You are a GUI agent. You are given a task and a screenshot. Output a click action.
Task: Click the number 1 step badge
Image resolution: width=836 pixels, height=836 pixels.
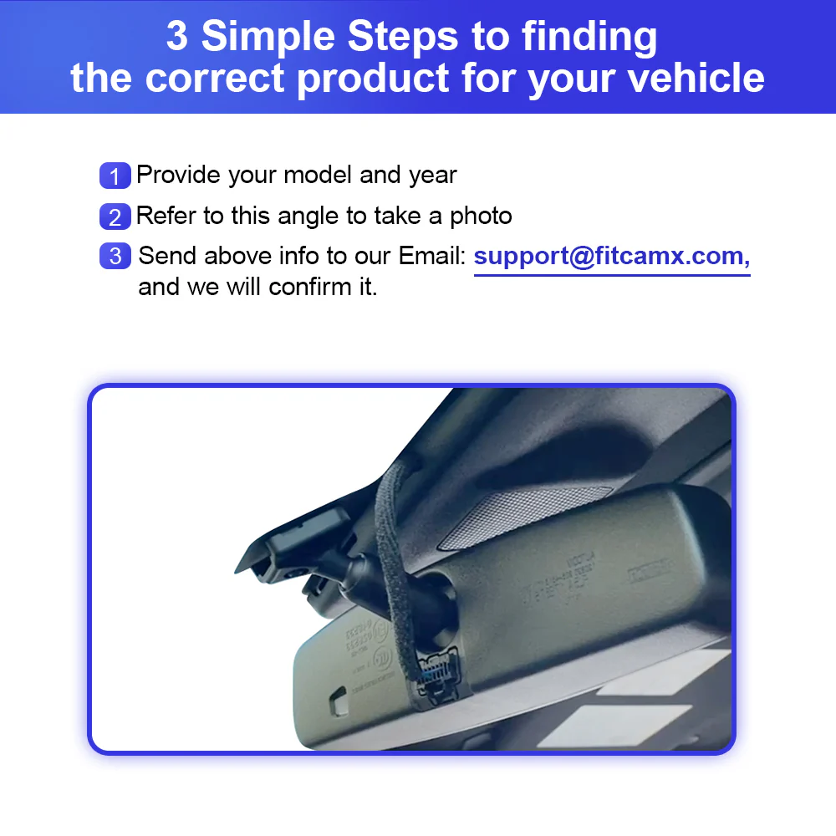coord(115,176)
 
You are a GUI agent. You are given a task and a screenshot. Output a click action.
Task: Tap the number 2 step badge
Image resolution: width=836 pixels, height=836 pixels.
coord(115,217)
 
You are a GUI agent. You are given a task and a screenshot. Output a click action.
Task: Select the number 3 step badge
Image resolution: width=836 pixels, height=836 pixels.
coord(115,256)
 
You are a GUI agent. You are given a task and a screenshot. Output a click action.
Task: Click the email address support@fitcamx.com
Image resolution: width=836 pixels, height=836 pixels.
coord(611,256)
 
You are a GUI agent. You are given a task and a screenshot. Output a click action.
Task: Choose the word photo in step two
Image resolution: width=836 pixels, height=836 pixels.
coord(481,216)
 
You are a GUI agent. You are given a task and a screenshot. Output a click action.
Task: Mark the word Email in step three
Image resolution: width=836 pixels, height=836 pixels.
coord(431,256)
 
